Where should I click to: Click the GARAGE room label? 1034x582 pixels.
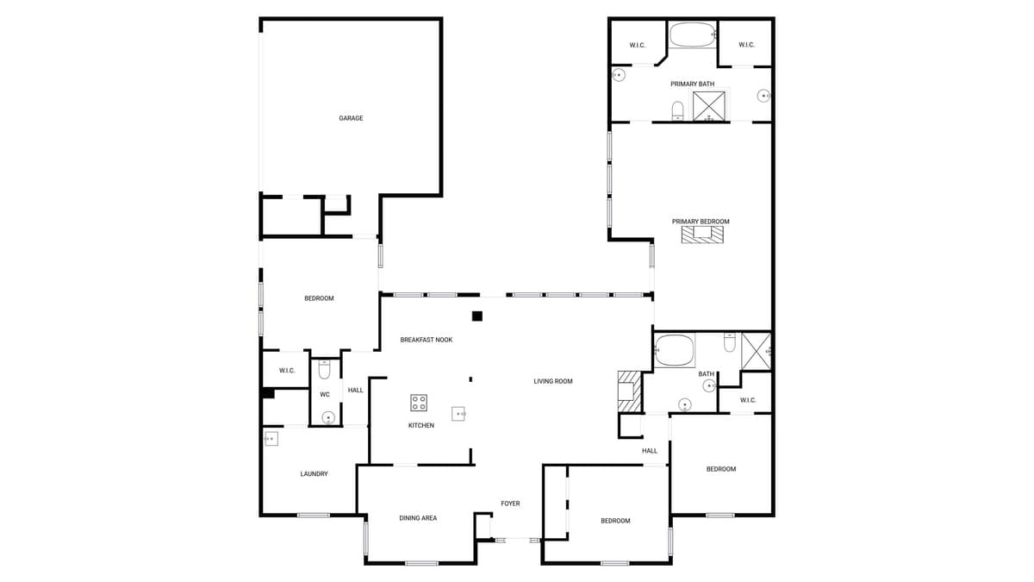point(351,118)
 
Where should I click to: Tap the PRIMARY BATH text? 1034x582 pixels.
point(692,84)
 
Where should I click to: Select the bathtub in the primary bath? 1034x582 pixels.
point(692,35)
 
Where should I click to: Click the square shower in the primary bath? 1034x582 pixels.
point(711,105)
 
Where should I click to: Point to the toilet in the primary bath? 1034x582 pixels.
point(677,110)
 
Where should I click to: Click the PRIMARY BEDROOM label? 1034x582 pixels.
point(701,222)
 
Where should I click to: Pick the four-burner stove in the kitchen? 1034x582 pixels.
point(419,403)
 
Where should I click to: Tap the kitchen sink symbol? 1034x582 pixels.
point(458,414)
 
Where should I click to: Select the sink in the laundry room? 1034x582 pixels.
point(271,439)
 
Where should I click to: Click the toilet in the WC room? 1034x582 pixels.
point(325,370)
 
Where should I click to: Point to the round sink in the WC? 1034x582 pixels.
point(327,418)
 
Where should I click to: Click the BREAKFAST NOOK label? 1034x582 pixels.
point(426,340)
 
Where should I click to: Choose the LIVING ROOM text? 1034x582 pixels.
point(552,381)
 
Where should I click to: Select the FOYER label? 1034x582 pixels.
point(510,504)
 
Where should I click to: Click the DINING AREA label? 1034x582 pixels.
point(418,518)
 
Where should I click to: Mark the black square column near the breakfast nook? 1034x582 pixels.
point(477,316)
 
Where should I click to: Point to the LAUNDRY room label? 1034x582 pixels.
point(314,474)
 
